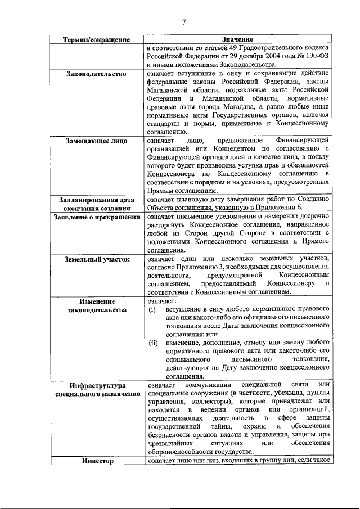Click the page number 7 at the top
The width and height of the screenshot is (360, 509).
(x=184, y=22)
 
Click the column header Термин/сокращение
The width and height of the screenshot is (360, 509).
(x=96, y=40)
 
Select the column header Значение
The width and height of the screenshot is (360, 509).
(x=237, y=40)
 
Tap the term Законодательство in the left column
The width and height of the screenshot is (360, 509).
(x=96, y=74)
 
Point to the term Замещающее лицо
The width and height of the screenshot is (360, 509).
(x=96, y=140)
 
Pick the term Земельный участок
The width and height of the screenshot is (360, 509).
(x=96, y=259)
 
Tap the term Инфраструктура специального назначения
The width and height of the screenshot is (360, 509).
(x=96, y=389)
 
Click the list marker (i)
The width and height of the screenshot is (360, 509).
(x=152, y=310)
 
